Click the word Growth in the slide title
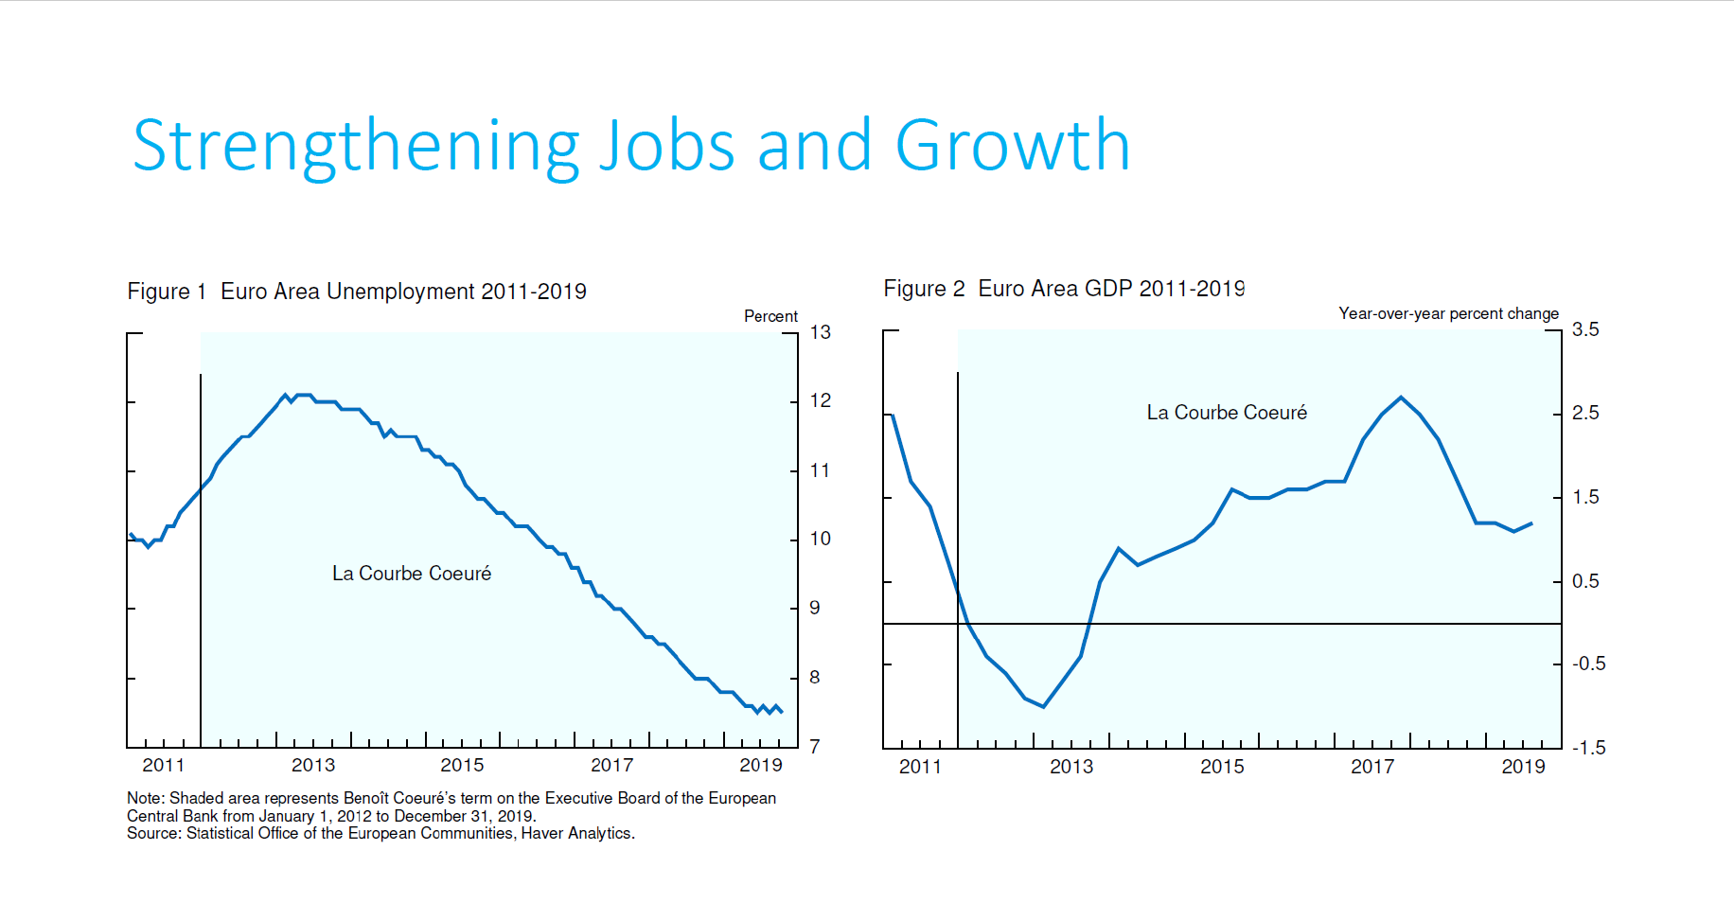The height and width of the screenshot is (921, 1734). tap(1012, 147)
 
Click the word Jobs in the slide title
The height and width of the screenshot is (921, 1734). tap(667, 147)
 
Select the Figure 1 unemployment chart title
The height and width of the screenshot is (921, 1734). tap(357, 292)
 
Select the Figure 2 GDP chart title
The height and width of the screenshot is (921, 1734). tap(1064, 289)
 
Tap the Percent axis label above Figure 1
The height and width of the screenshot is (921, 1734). tap(770, 316)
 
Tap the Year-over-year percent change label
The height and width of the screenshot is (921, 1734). tap(1448, 313)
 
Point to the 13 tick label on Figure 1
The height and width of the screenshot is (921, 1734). tap(820, 332)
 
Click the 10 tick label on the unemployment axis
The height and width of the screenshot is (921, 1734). tap(820, 539)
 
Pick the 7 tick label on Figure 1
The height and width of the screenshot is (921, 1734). tap(814, 747)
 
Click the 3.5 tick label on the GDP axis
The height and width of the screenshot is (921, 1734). tap(1585, 329)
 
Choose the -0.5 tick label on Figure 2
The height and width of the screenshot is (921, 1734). tap(1588, 664)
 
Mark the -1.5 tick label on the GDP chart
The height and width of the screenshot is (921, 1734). tap(1588, 748)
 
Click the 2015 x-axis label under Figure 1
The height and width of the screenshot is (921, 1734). tap(462, 765)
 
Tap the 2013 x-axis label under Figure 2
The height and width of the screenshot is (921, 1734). tap(1071, 767)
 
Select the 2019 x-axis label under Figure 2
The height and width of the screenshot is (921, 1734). tap(1523, 767)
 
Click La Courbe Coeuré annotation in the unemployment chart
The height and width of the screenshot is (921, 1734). tap(412, 574)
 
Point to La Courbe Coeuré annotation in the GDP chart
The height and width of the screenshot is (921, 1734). tap(1227, 413)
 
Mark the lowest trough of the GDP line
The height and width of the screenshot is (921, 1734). tap(1043, 706)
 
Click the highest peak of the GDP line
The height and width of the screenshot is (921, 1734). tap(1402, 398)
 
